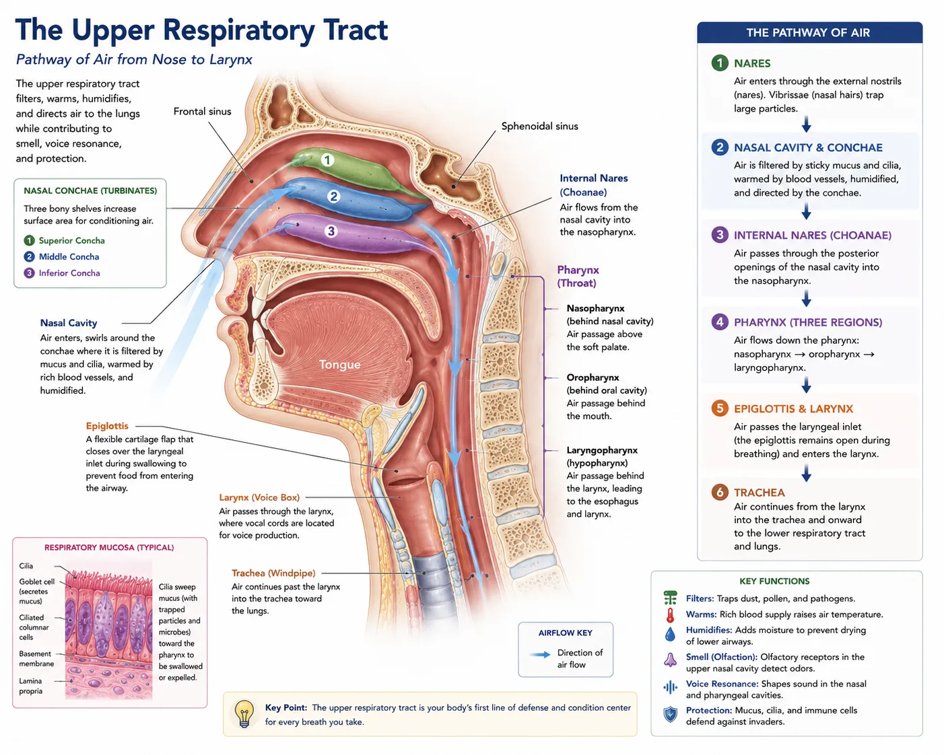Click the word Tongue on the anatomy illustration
click(x=339, y=364)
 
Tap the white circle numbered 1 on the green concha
click(x=327, y=160)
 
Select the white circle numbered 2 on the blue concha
click(x=333, y=196)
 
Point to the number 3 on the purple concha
click(x=331, y=231)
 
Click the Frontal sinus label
click(x=202, y=111)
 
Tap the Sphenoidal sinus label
click(x=539, y=127)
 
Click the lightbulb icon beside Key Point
click(x=244, y=714)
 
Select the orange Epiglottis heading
click(x=107, y=426)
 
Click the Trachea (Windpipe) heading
click(x=273, y=573)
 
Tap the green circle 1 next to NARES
click(x=719, y=63)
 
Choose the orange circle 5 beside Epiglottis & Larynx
click(x=719, y=408)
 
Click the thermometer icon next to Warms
click(x=670, y=615)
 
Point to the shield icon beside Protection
click(x=670, y=715)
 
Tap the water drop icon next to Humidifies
click(x=670, y=634)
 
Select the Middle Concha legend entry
click(x=61, y=257)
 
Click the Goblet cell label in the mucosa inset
click(x=37, y=582)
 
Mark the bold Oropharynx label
click(x=593, y=377)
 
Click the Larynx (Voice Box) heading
click(x=259, y=498)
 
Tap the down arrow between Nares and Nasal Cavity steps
click(x=806, y=124)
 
